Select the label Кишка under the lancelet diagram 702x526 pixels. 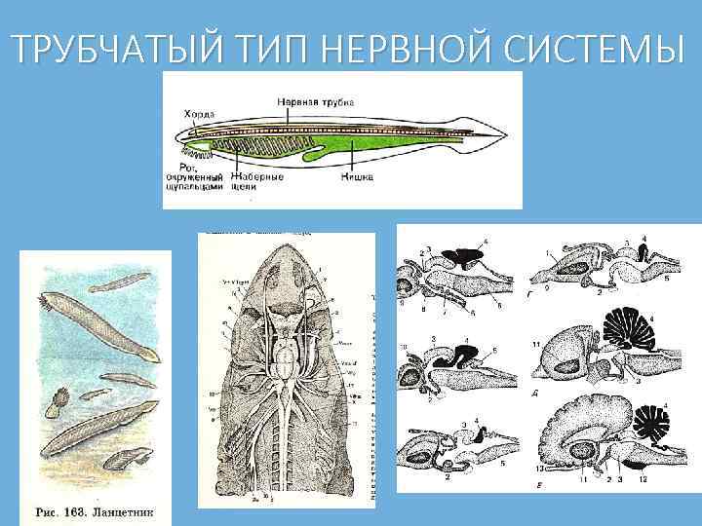tap(355, 177)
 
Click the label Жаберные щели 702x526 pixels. tap(259, 181)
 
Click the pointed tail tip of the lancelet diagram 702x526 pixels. tap(508, 134)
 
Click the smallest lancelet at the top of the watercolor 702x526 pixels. tap(121, 282)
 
